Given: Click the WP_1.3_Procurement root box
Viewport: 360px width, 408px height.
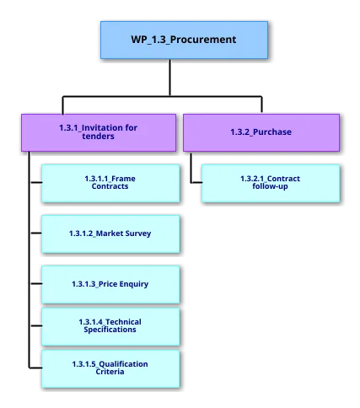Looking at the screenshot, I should [x=184, y=40].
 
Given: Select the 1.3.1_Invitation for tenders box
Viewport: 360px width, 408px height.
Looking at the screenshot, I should [x=99, y=132].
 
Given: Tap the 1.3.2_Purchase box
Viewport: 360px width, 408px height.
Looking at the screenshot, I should [x=261, y=132].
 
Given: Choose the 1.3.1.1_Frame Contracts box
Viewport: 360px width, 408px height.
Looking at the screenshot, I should [x=110, y=182].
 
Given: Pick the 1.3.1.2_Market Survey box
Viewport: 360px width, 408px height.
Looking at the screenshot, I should [x=110, y=233].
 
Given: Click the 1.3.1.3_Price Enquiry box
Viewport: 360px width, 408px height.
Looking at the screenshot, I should [x=110, y=284].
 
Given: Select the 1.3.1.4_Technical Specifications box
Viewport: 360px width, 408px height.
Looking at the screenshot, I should [x=110, y=325].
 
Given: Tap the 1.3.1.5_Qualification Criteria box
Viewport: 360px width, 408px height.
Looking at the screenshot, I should [x=110, y=368].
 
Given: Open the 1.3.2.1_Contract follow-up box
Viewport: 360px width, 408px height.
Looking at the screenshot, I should [x=270, y=182].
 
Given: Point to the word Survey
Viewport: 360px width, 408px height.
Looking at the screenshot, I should [x=136, y=233].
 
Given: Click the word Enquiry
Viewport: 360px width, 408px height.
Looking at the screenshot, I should [x=133, y=284].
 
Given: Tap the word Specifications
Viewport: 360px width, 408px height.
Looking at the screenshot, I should [x=110, y=330].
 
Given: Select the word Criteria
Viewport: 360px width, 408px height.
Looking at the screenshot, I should [x=110, y=372].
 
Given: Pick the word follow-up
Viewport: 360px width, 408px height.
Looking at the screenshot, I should [x=270, y=186].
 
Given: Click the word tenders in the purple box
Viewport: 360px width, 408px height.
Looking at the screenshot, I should [x=99, y=137].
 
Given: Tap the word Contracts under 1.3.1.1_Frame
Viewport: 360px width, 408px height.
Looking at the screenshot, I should [x=110, y=186].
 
